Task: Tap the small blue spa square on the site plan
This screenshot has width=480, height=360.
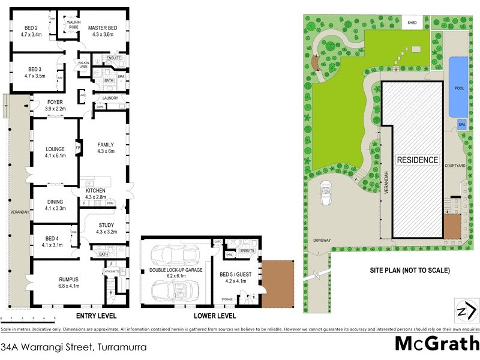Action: (x=461, y=125)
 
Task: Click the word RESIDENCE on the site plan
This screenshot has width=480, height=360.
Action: (x=417, y=160)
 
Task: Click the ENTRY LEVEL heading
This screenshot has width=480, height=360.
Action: (x=97, y=316)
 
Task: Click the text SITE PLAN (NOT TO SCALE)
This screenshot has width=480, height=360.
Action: (x=409, y=271)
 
